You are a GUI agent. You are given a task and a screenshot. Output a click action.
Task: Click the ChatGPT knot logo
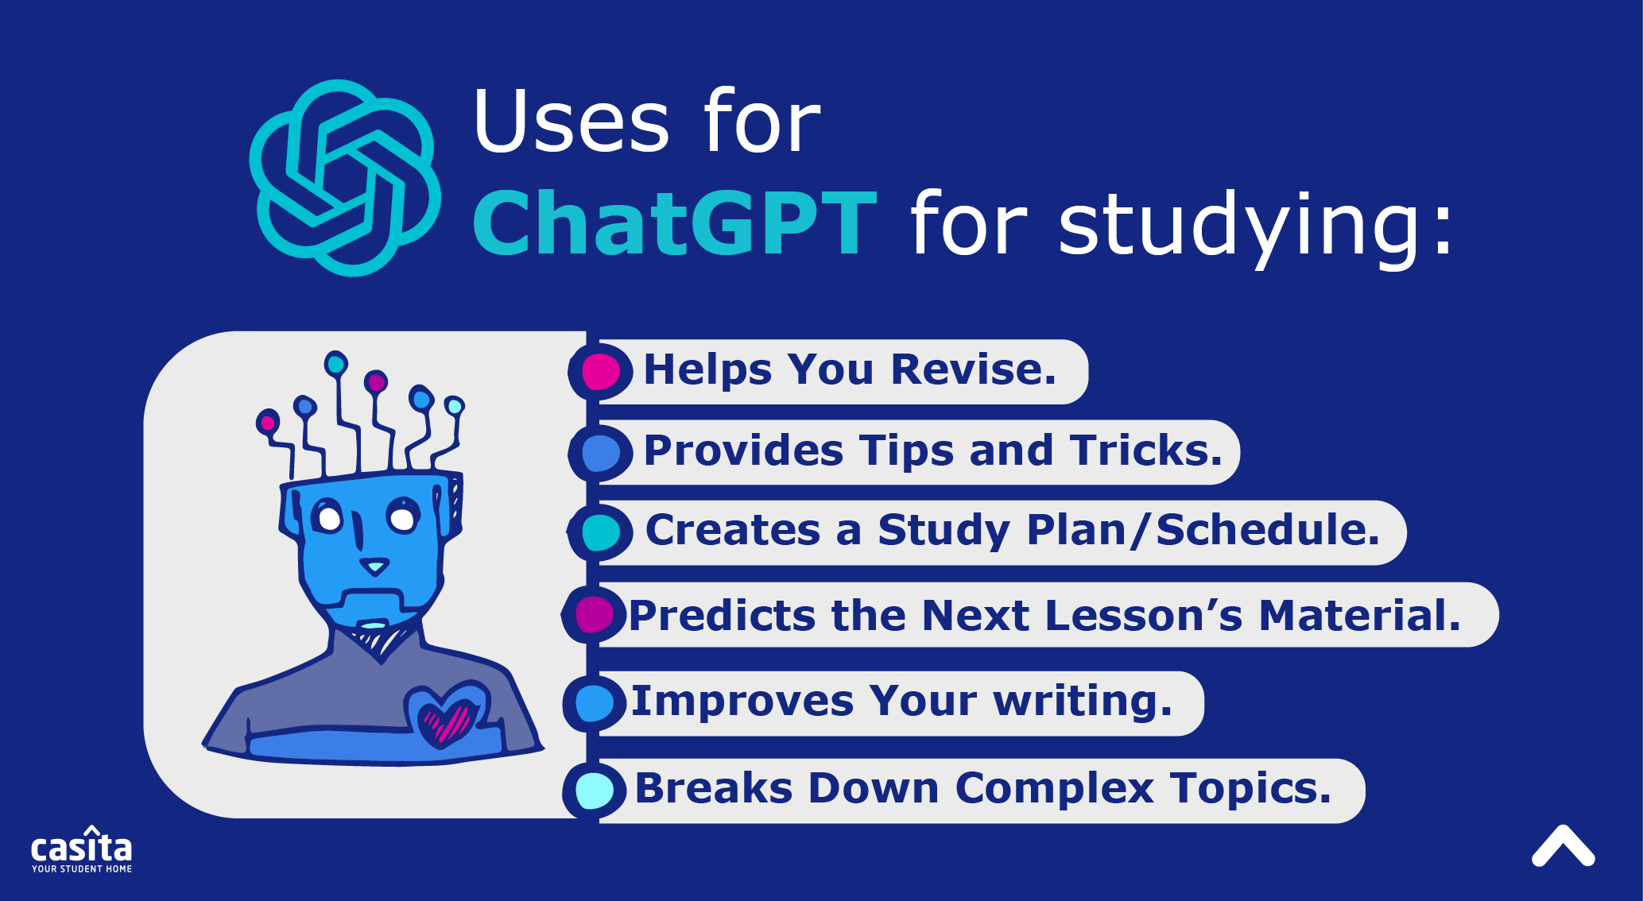pyautogui.click(x=344, y=177)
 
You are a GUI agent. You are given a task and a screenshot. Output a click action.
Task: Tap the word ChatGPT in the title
pyautogui.click(x=675, y=225)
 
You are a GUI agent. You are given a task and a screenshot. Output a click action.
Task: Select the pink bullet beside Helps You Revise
pyautogui.click(x=600, y=372)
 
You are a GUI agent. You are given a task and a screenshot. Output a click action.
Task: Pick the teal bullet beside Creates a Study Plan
pyautogui.click(x=600, y=532)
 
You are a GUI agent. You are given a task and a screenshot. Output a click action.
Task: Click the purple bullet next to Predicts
pyautogui.click(x=594, y=614)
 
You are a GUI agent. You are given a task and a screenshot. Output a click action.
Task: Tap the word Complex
pyautogui.click(x=1055, y=788)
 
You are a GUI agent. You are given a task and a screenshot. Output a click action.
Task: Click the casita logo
pyautogui.click(x=82, y=850)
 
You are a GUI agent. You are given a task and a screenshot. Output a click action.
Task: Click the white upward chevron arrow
pyautogui.click(x=1563, y=846)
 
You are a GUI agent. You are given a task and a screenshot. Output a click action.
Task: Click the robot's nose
pyautogui.click(x=374, y=567)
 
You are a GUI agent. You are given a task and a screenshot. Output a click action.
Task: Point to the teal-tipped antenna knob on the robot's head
pyautogui.click(x=336, y=364)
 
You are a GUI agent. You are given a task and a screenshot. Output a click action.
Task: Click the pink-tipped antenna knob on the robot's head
pyautogui.click(x=268, y=422)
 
